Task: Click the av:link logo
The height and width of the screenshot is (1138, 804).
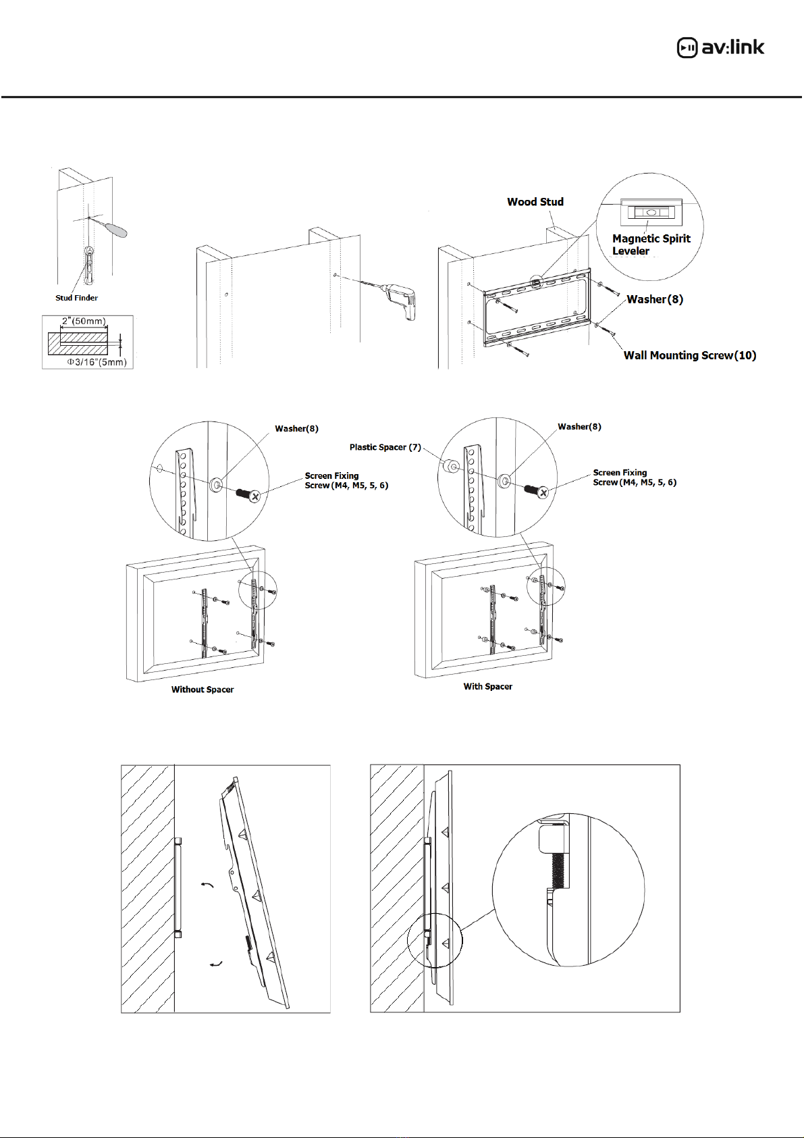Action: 721,47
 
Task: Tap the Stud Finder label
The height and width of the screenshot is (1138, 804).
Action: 76,298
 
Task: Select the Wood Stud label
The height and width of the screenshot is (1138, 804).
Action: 535,202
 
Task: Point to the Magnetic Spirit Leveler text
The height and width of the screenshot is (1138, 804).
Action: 651,244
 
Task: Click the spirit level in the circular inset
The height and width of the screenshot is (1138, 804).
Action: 651,211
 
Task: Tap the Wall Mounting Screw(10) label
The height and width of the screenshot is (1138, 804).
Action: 689,355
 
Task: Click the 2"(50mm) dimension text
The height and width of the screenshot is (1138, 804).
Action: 84,321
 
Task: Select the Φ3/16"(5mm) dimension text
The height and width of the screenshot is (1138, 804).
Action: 97,362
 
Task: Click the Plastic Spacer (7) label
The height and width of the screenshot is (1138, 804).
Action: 385,447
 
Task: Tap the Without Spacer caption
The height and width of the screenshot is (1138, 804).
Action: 203,690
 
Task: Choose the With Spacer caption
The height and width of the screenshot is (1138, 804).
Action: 487,686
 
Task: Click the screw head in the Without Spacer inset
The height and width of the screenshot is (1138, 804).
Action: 254,496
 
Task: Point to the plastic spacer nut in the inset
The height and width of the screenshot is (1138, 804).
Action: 450,466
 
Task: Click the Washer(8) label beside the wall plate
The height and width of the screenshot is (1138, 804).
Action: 655,299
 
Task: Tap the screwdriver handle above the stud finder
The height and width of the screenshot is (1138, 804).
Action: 118,230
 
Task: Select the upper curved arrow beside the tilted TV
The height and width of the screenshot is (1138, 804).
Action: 208,884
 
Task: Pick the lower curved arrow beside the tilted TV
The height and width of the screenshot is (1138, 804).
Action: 216,964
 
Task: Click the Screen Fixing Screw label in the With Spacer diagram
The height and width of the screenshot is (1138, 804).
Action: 634,477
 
